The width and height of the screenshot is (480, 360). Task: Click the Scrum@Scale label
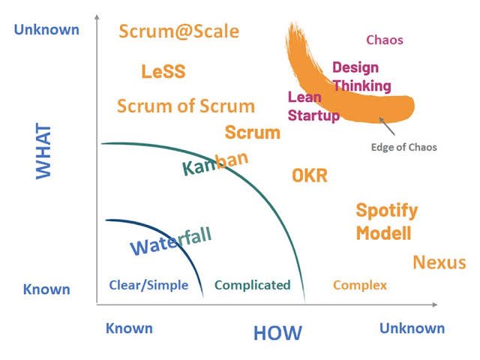point(179,31)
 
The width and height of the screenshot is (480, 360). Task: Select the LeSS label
point(163,72)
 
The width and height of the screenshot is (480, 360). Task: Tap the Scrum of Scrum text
point(186,106)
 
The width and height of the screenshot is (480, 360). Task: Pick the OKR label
point(310,175)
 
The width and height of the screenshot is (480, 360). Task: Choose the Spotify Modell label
point(385,221)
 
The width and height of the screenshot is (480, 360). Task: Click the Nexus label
point(439,262)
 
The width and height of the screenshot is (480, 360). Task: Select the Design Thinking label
point(361,76)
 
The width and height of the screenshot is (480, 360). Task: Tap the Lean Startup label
point(313,106)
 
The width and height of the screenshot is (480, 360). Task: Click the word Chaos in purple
point(384,40)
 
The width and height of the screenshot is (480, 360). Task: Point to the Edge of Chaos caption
point(403,147)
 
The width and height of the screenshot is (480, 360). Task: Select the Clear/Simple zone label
point(148,285)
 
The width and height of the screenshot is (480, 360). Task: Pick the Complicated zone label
point(252,285)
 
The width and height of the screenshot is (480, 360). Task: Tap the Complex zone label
point(360,285)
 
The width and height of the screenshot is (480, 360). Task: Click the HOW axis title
point(277,333)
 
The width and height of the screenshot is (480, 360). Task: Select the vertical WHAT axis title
point(43,150)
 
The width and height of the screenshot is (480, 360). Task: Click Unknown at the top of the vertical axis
point(46,30)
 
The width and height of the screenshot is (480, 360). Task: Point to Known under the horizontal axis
point(129,328)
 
